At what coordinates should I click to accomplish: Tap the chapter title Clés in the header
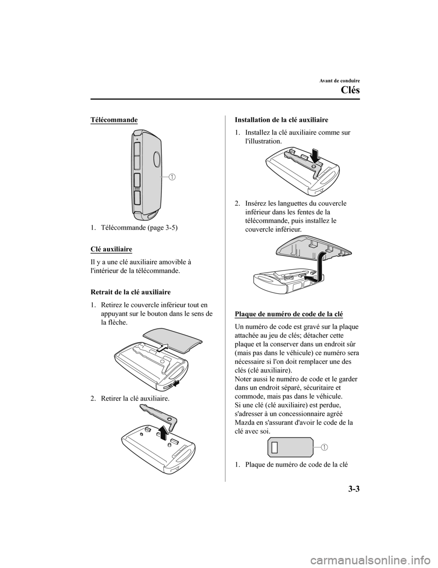pyautogui.click(x=350, y=90)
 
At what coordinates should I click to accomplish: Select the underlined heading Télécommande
pyautogui.click(x=114, y=120)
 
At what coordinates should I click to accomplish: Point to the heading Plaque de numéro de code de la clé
pyautogui.click(x=289, y=314)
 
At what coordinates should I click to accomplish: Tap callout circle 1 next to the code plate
pyautogui.click(x=324, y=447)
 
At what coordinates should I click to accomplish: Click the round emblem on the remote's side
pyautogui.click(x=157, y=159)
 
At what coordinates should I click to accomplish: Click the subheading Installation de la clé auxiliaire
pyautogui.click(x=282, y=120)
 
